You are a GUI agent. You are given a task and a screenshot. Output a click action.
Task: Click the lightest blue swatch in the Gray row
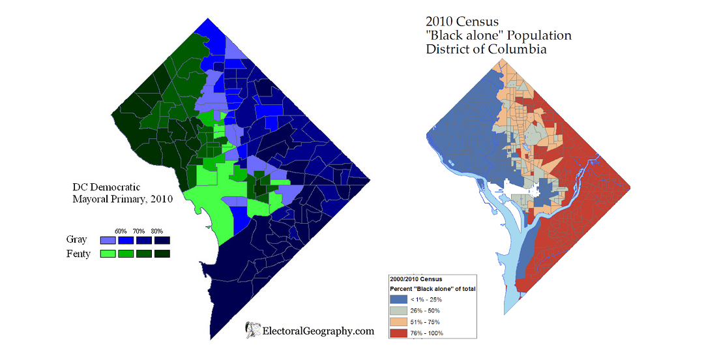tap(108, 240)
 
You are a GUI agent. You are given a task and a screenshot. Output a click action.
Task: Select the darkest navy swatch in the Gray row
tap(162, 240)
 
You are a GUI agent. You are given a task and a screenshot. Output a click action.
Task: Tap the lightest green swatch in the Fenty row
tap(108, 253)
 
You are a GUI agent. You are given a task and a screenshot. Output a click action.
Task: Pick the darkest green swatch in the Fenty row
tap(162, 253)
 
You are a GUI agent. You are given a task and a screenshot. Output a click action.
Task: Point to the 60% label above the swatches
tap(121, 231)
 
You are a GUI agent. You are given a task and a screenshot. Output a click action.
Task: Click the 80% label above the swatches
tap(156, 231)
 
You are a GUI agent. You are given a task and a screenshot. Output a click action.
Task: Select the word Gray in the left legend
tap(76, 240)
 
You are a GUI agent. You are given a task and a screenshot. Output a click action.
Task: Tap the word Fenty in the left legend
tap(78, 253)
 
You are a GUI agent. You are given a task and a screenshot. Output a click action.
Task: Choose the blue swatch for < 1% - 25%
tap(399, 299)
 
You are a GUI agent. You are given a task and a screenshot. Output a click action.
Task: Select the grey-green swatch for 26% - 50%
tap(399, 311)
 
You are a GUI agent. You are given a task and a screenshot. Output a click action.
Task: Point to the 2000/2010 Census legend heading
tap(416, 279)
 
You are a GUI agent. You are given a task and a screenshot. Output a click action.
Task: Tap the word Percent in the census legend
tap(402, 288)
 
